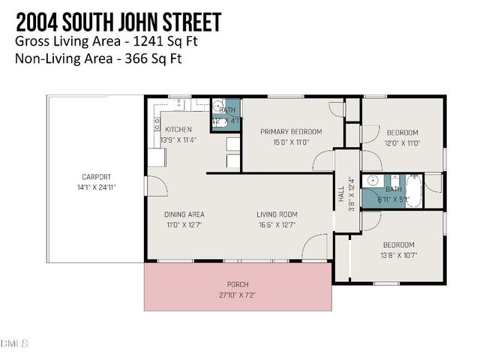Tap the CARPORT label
(97, 177)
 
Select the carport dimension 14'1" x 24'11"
(97, 187)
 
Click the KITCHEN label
(178, 129)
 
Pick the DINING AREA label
(184, 214)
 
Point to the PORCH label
(238, 285)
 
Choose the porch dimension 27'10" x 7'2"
(238, 295)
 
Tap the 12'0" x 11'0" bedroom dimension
(402, 142)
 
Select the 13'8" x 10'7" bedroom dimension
(399, 255)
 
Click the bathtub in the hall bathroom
(414, 190)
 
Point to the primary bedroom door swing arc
(324, 160)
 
